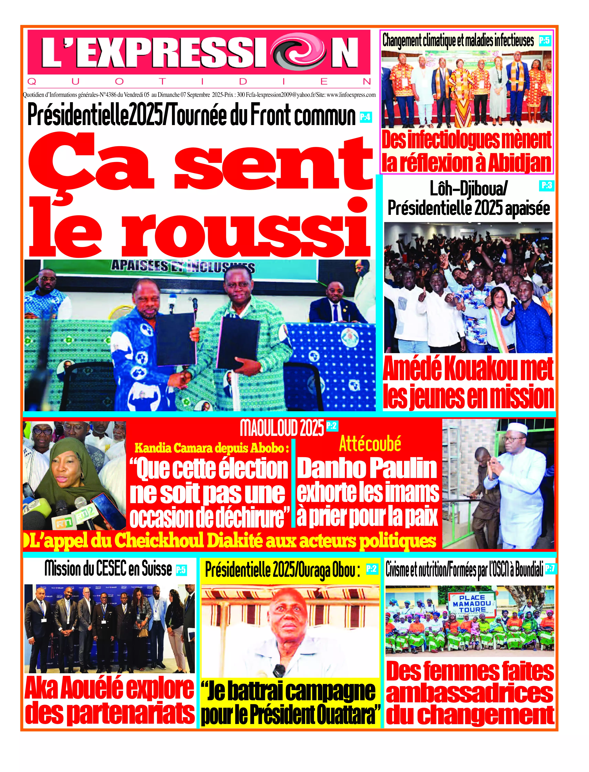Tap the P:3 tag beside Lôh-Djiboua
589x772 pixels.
click(x=547, y=185)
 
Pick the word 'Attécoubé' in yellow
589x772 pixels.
click(x=370, y=444)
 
